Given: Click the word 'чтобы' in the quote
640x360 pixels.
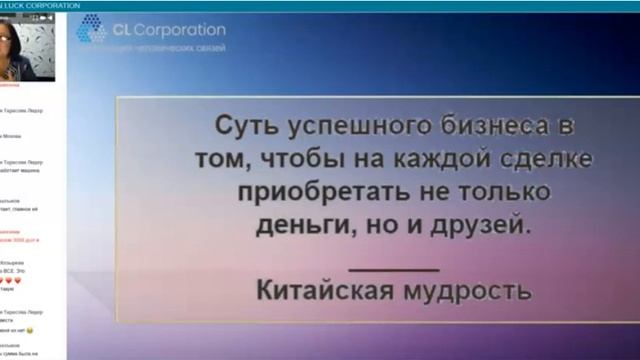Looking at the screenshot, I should [x=287, y=160].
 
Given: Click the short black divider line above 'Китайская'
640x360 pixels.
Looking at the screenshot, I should [x=395, y=268].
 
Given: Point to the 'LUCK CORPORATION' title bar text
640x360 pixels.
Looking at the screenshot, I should [x=40, y=5].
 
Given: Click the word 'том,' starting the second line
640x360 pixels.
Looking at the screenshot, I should [x=213, y=160].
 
